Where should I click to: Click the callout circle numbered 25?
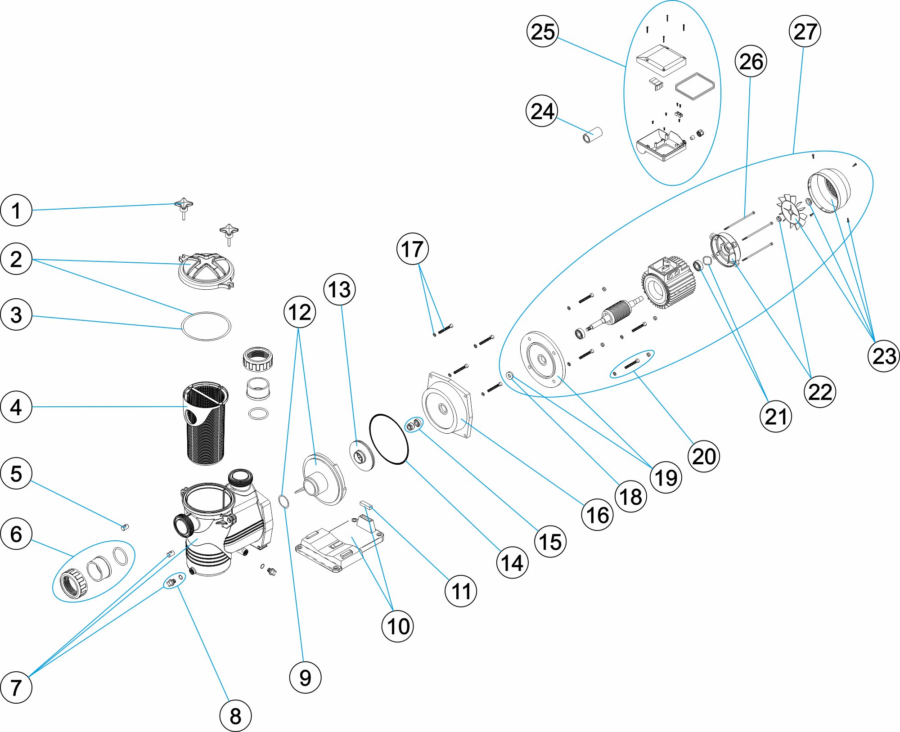point(542,31)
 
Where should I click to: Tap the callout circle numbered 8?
point(235,715)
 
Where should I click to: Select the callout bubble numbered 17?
point(412,249)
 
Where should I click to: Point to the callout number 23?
point(883,356)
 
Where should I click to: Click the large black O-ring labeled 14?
point(389,439)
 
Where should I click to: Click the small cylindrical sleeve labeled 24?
point(593,135)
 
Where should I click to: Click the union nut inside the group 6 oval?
point(73,584)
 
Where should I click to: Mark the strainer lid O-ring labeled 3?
point(206,326)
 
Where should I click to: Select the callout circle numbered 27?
point(805,31)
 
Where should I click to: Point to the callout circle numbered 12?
point(300,312)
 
